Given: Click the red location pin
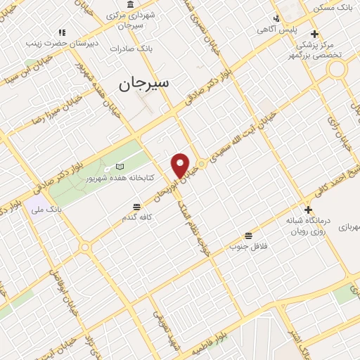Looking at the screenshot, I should [181, 165].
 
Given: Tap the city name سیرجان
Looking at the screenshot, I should [143, 84].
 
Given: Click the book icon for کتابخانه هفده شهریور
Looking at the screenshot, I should [120, 167].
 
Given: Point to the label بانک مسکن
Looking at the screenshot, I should [334, 8].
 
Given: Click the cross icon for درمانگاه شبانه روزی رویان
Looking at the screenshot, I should [307, 209].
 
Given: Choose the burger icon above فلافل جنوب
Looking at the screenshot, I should [247, 236].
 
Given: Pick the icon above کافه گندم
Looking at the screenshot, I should [136, 207].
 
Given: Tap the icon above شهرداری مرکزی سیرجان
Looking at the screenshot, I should [131, 4].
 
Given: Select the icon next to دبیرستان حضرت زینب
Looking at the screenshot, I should [62, 32].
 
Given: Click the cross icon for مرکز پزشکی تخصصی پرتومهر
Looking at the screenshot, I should [314, 33].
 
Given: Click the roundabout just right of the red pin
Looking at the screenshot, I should [201, 164].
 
